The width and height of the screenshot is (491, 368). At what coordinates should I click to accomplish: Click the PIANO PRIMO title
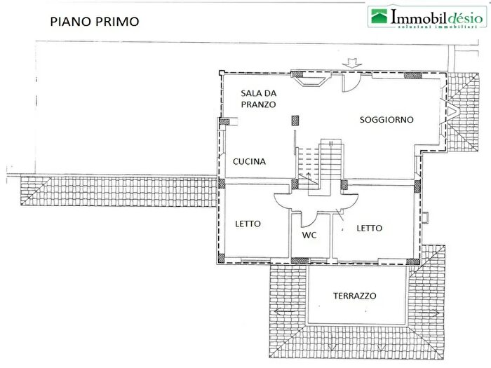(x=94, y=21)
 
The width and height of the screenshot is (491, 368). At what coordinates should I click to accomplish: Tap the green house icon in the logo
(x=380, y=17)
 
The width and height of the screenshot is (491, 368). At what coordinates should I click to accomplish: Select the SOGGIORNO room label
(x=386, y=120)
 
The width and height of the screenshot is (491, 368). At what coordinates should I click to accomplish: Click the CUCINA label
(x=250, y=161)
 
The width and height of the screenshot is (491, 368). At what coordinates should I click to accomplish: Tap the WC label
(x=310, y=235)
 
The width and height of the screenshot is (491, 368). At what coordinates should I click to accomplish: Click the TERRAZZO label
(x=354, y=296)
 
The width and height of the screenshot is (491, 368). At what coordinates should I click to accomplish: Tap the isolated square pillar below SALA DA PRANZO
(x=295, y=120)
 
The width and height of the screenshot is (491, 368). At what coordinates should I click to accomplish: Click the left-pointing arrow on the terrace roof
(x=283, y=311)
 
